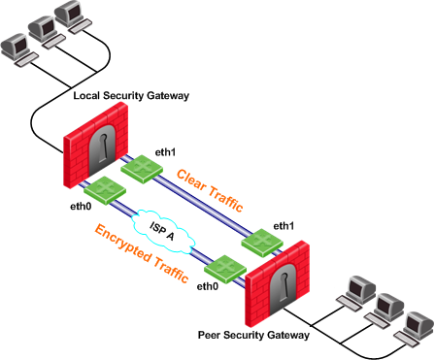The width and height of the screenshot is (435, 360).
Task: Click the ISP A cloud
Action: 164,231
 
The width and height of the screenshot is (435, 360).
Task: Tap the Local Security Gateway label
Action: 131,96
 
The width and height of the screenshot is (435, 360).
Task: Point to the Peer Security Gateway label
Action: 253,335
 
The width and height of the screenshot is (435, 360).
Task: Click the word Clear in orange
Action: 191,180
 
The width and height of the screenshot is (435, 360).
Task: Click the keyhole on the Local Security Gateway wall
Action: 103,148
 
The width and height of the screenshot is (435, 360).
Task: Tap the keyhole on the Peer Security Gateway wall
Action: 284,286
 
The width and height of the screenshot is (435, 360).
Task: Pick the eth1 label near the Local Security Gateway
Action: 165,152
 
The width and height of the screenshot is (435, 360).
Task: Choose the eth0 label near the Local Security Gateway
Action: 81,206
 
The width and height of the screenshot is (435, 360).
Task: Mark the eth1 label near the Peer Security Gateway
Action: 284,226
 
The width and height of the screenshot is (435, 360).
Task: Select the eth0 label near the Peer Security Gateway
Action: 208,286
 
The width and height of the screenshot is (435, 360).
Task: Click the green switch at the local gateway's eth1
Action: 142,169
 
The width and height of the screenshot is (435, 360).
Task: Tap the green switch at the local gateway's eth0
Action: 105,190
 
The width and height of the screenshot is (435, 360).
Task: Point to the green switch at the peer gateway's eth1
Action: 262,243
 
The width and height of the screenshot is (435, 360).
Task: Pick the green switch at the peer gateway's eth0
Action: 225,269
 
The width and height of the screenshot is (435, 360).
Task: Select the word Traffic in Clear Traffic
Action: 225,199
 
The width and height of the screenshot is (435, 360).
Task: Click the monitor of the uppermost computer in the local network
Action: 68,13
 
